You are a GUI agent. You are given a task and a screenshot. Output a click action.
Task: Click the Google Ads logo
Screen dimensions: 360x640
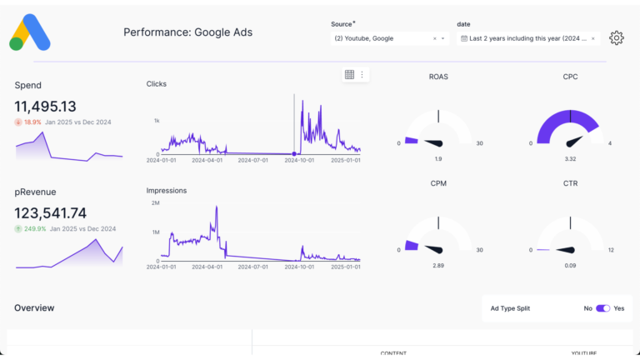click(x=30, y=32)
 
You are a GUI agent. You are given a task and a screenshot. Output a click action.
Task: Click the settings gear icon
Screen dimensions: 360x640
click(x=616, y=37)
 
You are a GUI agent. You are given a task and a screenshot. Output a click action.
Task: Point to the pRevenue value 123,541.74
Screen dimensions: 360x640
click(x=51, y=213)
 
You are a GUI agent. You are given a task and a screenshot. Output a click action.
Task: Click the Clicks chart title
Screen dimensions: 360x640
click(x=157, y=83)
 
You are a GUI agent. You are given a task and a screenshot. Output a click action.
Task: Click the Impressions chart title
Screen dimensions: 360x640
click(x=167, y=190)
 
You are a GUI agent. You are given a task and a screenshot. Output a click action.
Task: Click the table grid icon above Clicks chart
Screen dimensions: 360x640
click(x=349, y=74)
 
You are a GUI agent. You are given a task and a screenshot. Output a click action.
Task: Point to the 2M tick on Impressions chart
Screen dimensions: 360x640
click(x=155, y=203)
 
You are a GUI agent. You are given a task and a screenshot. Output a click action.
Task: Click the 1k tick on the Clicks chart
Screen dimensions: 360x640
click(x=156, y=121)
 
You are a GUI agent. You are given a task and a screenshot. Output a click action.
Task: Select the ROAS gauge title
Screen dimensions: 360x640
click(x=439, y=77)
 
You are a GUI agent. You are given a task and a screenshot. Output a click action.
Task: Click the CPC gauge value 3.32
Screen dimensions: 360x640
click(x=570, y=158)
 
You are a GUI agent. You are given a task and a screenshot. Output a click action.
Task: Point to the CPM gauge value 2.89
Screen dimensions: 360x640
click(x=439, y=265)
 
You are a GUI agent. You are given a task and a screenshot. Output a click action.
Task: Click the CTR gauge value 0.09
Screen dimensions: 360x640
click(x=570, y=265)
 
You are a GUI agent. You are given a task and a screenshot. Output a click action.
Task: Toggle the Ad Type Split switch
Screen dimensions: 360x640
click(x=602, y=308)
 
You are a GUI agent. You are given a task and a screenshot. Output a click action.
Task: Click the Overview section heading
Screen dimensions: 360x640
click(x=34, y=308)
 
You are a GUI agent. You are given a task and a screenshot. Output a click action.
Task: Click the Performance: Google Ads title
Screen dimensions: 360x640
click(x=187, y=32)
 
